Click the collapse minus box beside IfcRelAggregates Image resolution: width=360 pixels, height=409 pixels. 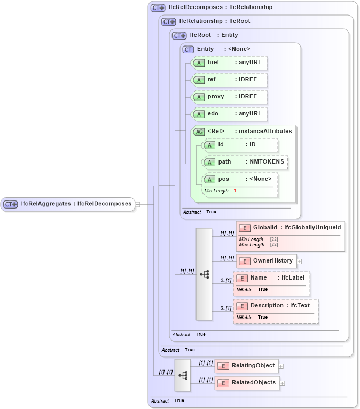pyautogui.click(x=137, y=204)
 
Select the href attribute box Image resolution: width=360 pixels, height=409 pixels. pyautogui.click(x=229, y=63)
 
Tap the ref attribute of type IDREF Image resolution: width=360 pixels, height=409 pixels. pyautogui.click(x=229, y=80)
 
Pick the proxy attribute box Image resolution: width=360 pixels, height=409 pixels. pyautogui.click(x=229, y=97)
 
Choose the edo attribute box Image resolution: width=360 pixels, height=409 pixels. pyautogui.click(x=229, y=114)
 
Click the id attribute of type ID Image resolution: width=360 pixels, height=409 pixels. pyautogui.click(x=240, y=145)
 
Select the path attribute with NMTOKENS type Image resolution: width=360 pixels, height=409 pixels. pyautogui.click(x=245, y=162)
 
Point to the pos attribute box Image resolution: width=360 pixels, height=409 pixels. pyautogui.click(x=240, y=179)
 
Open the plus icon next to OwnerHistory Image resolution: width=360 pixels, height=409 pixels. pyautogui.click(x=299, y=261)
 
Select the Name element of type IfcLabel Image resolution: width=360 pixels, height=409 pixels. pyautogui.click(x=271, y=278)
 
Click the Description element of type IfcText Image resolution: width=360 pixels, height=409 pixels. pyautogui.click(x=276, y=306)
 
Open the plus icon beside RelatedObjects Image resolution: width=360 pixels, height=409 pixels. pyautogui.click(x=283, y=383)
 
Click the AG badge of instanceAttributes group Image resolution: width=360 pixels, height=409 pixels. pyautogui.click(x=199, y=132)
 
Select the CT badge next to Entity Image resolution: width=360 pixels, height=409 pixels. pyautogui.click(x=188, y=49)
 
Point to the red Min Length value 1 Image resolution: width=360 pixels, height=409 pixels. pyautogui.click(x=235, y=191)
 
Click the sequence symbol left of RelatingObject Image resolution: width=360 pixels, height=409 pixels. pyautogui.click(x=183, y=375)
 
